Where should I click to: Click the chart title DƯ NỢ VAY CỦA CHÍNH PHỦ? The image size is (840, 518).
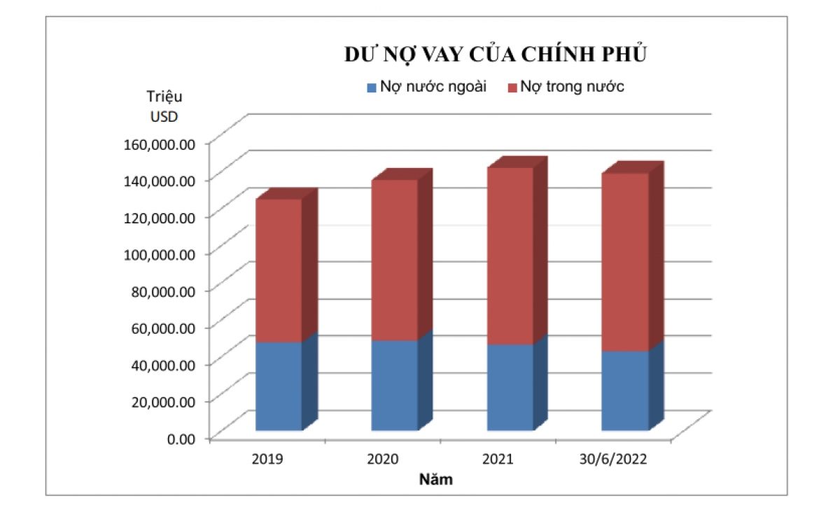495,55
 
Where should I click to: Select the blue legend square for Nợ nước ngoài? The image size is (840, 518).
372,87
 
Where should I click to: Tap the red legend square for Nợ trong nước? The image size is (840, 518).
512,87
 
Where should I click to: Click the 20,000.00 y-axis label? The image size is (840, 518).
162,401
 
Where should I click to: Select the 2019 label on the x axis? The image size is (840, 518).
267,459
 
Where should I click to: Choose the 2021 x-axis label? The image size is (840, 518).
498,459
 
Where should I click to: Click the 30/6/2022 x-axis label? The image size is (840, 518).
613,459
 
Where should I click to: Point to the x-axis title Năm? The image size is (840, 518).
435,480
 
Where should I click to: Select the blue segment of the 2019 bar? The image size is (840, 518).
278,386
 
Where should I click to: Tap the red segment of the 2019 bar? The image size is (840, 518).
278,270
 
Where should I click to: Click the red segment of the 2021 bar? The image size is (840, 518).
510,255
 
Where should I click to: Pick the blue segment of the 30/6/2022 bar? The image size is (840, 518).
624,390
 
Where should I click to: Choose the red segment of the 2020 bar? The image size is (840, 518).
394,260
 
